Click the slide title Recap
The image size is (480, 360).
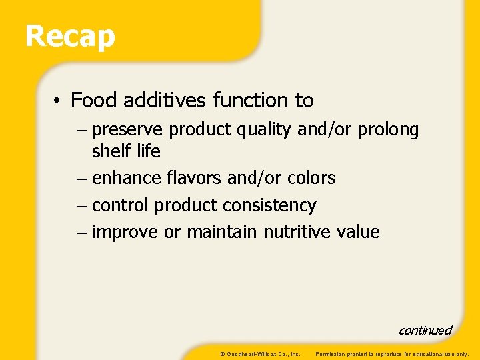pos(70,37)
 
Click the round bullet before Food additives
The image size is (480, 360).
pos(59,101)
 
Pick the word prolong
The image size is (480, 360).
pos(388,130)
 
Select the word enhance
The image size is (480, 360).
pos(127,179)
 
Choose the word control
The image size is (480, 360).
pos(121,205)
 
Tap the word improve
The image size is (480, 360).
pos(125,232)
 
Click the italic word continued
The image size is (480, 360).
pos(425,331)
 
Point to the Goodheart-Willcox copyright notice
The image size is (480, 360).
pos(260,353)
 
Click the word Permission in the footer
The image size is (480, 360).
pos(329,353)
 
